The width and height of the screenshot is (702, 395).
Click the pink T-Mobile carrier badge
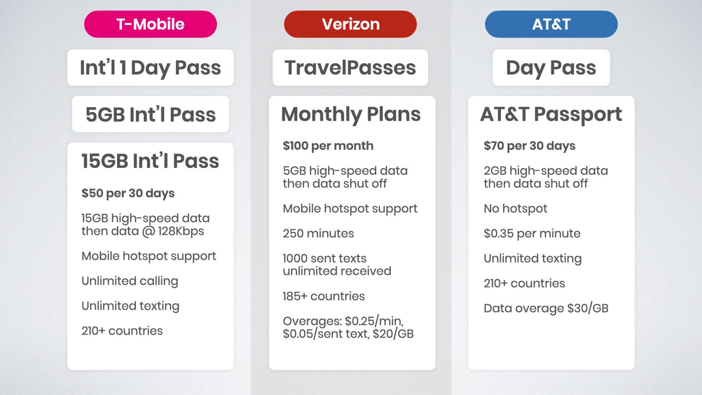(151, 24)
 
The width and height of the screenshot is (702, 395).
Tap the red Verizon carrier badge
(350, 24)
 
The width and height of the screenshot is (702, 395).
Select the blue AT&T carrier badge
(551, 24)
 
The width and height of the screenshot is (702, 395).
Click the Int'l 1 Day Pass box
(151, 68)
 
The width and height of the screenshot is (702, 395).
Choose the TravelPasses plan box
(350, 68)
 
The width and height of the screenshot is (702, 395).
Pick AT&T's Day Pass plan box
(551, 68)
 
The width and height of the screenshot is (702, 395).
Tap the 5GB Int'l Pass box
(151, 114)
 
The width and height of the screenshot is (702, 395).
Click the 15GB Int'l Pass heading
(151, 161)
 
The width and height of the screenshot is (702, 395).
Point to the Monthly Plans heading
(351, 114)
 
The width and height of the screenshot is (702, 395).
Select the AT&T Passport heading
(551, 114)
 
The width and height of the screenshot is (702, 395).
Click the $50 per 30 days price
(128, 193)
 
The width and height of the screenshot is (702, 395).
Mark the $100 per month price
(328, 146)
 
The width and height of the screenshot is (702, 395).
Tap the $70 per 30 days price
(529, 146)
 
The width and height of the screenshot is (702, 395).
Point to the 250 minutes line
(318, 233)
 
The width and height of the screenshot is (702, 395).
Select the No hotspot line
(515, 209)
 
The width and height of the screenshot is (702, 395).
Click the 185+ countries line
(324, 296)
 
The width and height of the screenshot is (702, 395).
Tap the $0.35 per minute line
(532, 233)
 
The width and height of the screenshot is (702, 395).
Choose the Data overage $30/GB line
(546, 308)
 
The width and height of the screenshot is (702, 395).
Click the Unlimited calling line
(130, 281)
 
